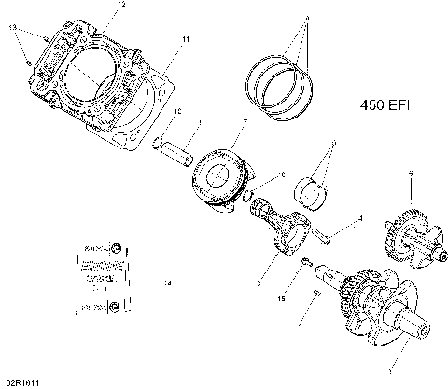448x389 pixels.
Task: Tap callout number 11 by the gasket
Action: [x=185, y=40]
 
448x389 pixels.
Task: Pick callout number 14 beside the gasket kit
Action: [x=167, y=282]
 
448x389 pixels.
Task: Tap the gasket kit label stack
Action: [x=99, y=278]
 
